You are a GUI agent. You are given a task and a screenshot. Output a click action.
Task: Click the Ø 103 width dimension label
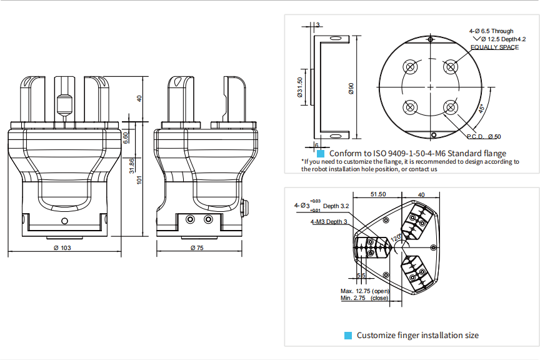point(62,248)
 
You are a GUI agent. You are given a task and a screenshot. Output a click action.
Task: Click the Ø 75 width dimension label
point(198,248)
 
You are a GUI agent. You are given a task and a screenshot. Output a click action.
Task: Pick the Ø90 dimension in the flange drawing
point(351,89)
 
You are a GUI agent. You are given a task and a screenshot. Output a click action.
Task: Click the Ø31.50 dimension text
point(300,87)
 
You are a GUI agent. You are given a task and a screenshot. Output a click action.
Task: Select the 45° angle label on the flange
point(481,108)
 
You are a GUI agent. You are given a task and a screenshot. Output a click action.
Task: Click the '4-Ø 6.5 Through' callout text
point(491,31)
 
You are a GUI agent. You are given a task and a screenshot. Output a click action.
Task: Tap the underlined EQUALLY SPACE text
point(494,47)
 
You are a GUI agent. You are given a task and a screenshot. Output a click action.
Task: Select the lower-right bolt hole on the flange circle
point(449,107)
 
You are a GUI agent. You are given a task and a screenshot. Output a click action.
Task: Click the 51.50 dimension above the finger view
point(378,195)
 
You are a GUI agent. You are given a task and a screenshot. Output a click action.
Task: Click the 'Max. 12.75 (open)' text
point(364,291)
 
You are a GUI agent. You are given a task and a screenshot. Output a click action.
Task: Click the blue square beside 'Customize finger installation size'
point(349,336)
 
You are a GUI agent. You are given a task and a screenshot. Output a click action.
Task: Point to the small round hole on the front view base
point(64,222)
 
